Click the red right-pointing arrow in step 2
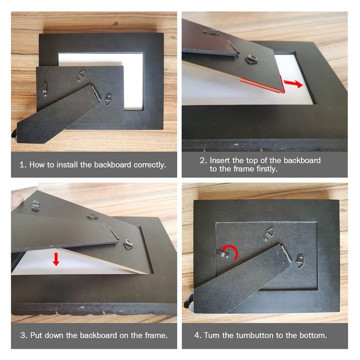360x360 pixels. click(x=294, y=84)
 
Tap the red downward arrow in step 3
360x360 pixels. click(x=56, y=259)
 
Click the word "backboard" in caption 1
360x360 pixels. click(x=112, y=165)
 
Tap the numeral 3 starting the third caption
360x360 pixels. click(x=22, y=335)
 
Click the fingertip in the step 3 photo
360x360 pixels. click(x=16, y=200)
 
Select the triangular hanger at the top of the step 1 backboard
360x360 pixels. click(x=81, y=76)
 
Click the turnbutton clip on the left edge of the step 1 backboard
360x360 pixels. click(x=45, y=89)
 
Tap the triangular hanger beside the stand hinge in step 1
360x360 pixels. click(x=108, y=99)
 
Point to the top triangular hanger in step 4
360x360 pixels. click(x=268, y=234)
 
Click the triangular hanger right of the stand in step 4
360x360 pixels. click(x=300, y=261)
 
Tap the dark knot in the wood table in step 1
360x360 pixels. click(x=116, y=23)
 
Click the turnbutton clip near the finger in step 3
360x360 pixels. click(x=36, y=205)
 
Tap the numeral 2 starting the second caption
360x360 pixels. click(x=203, y=160)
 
